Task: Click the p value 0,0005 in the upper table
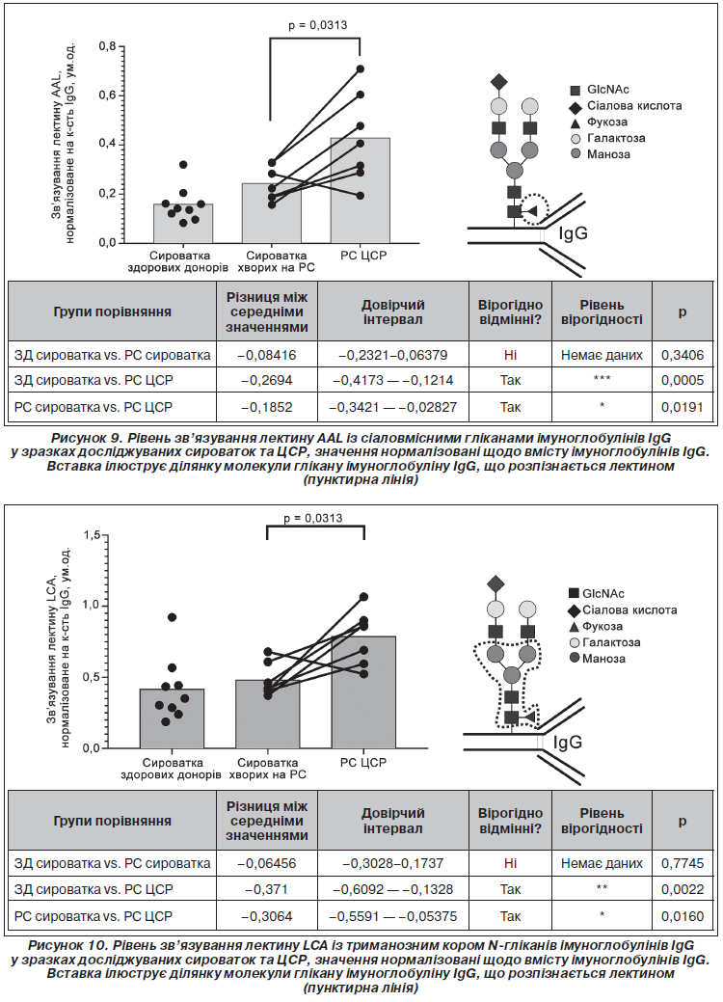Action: coord(683,380)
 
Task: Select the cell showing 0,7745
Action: coord(683,863)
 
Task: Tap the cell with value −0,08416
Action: coord(267,355)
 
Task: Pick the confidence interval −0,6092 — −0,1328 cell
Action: coord(392,889)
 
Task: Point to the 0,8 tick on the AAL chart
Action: coord(108,46)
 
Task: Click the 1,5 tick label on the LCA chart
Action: coord(94,535)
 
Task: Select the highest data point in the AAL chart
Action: coord(361,68)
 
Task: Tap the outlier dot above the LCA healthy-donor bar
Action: coord(172,617)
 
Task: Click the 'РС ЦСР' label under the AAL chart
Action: coord(363,256)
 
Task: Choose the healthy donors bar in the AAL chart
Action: coord(182,223)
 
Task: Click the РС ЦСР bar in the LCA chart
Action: coord(363,692)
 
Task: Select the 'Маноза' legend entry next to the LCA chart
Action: coord(597,659)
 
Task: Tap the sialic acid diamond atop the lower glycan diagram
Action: coord(495,583)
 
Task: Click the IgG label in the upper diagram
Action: coord(573,233)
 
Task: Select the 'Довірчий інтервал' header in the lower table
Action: coord(392,821)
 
